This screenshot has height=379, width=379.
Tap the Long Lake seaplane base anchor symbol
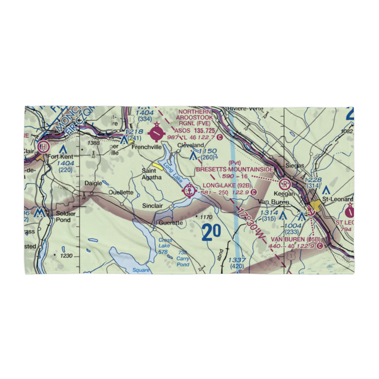tap(189, 191)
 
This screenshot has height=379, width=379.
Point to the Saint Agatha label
tap(151, 174)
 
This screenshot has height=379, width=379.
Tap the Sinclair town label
tap(152, 206)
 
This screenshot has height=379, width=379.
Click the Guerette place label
tap(171, 223)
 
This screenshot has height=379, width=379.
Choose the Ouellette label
tap(121, 193)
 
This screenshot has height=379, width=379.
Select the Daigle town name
tap(93, 183)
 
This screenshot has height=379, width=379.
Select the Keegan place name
tap(287, 193)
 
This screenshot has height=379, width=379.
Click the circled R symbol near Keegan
tap(284, 185)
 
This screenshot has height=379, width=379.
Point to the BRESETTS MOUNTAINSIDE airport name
tap(235, 169)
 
